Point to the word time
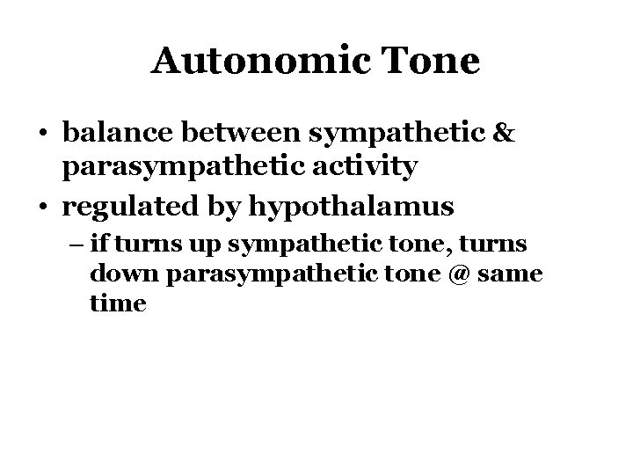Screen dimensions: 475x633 (117, 303)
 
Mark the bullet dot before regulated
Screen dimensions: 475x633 (42, 208)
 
